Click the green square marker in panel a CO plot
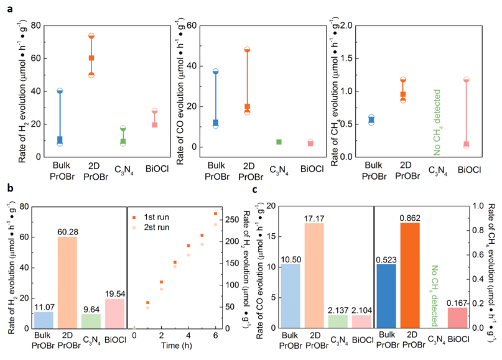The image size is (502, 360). click(279, 142)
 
